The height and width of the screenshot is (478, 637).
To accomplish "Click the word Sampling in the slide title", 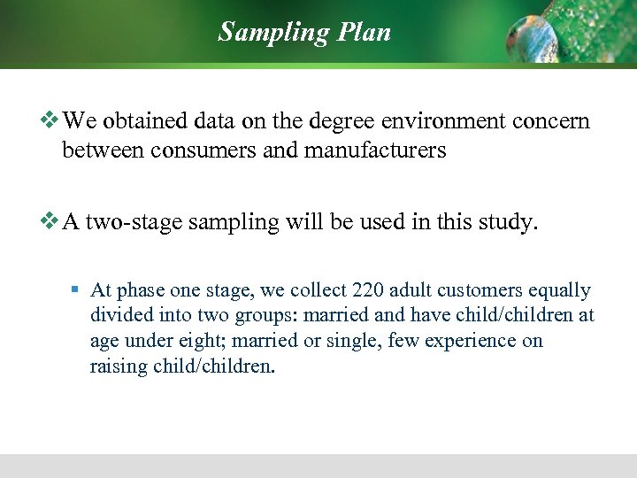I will (x=273, y=32).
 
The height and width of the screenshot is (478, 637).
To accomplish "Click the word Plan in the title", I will (x=363, y=32).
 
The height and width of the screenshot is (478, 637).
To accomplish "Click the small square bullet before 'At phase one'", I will (x=76, y=290).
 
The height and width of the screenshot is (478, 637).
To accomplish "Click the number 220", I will (x=368, y=290).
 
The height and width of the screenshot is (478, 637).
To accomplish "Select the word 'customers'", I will (x=478, y=290).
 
